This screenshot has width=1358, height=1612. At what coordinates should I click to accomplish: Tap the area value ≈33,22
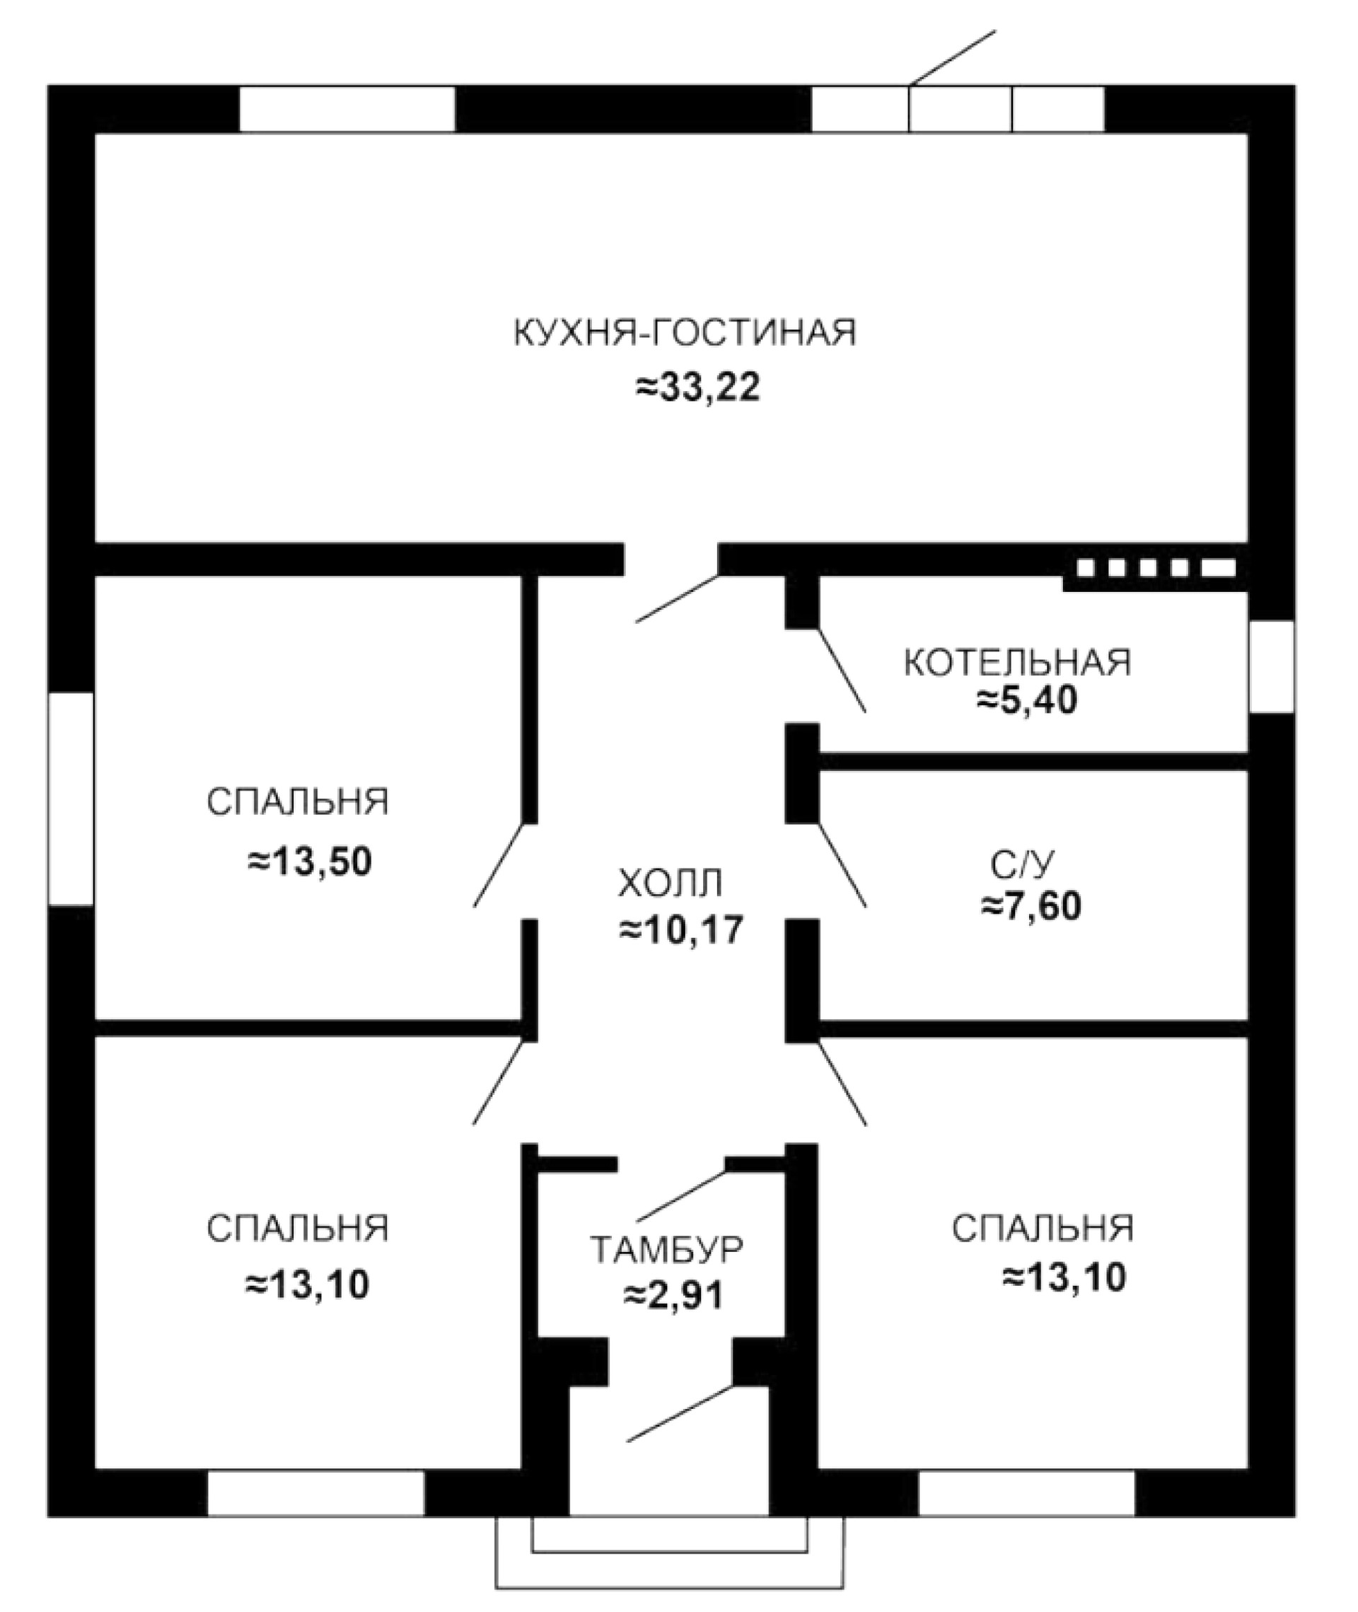[x=697, y=387]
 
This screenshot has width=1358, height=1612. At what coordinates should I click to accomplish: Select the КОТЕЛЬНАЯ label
[x=1017, y=663]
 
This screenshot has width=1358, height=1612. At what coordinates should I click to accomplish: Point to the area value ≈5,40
[x=1027, y=700]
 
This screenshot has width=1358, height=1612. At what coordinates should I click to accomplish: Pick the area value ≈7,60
[x=1031, y=907]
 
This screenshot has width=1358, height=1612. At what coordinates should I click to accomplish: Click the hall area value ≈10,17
[x=681, y=930]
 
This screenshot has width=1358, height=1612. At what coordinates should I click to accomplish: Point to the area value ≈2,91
[x=673, y=1296]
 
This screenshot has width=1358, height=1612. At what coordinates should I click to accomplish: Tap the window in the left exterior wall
[x=71, y=799]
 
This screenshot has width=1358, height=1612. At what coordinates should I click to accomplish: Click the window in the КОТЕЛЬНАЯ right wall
[x=1270, y=667]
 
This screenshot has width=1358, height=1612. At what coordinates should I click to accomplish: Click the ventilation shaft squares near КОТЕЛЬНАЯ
[x=1156, y=568]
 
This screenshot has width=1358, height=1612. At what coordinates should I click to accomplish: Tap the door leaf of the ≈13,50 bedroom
[x=499, y=864]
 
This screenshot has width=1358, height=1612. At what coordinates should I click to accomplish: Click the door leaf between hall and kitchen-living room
[x=678, y=598]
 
